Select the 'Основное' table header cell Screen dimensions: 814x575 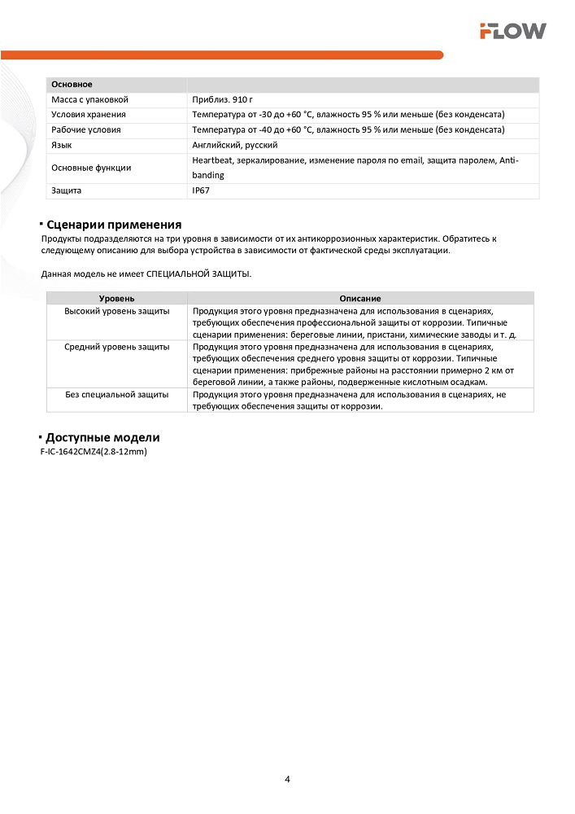coord(72,85)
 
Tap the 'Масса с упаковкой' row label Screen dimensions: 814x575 coord(89,99)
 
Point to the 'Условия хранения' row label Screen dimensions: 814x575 coord(89,115)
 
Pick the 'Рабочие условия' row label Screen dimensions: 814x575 coord(86,129)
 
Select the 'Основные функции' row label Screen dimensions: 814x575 coord(91,168)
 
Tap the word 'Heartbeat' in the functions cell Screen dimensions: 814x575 coord(211,160)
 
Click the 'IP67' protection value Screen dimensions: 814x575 coord(202,190)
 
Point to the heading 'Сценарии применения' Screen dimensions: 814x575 coord(114,225)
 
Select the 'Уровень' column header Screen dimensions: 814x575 coord(116,299)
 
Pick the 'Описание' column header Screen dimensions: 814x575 coord(360,299)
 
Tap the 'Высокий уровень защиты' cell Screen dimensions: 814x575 coord(117,311)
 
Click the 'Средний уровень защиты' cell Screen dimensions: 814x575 coord(117,347)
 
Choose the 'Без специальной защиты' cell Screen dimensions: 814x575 coord(117,394)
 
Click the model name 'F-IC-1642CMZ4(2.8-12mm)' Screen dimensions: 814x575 coord(93,451)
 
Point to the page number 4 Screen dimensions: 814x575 coord(288,779)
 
